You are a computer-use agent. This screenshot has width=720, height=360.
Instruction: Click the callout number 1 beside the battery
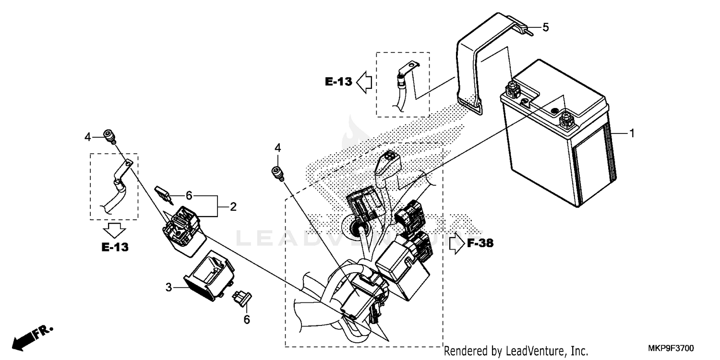click(x=632, y=133)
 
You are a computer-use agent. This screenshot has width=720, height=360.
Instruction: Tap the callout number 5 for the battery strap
click(x=545, y=27)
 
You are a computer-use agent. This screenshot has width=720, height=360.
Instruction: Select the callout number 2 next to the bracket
click(x=233, y=207)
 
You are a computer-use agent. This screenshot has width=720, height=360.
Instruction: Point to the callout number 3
click(x=168, y=288)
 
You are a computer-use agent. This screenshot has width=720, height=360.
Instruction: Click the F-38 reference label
click(x=480, y=243)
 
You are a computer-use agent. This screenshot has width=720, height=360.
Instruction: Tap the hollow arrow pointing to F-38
click(x=455, y=243)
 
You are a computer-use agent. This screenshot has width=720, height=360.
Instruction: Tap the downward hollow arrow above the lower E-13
click(x=114, y=230)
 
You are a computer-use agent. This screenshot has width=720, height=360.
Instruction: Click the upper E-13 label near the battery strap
click(x=338, y=82)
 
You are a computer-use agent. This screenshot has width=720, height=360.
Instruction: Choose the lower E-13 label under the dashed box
click(x=115, y=247)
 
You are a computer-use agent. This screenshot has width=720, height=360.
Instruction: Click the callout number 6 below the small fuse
click(x=247, y=319)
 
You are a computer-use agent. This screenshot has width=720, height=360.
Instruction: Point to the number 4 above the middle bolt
click(x=277, y=147)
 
